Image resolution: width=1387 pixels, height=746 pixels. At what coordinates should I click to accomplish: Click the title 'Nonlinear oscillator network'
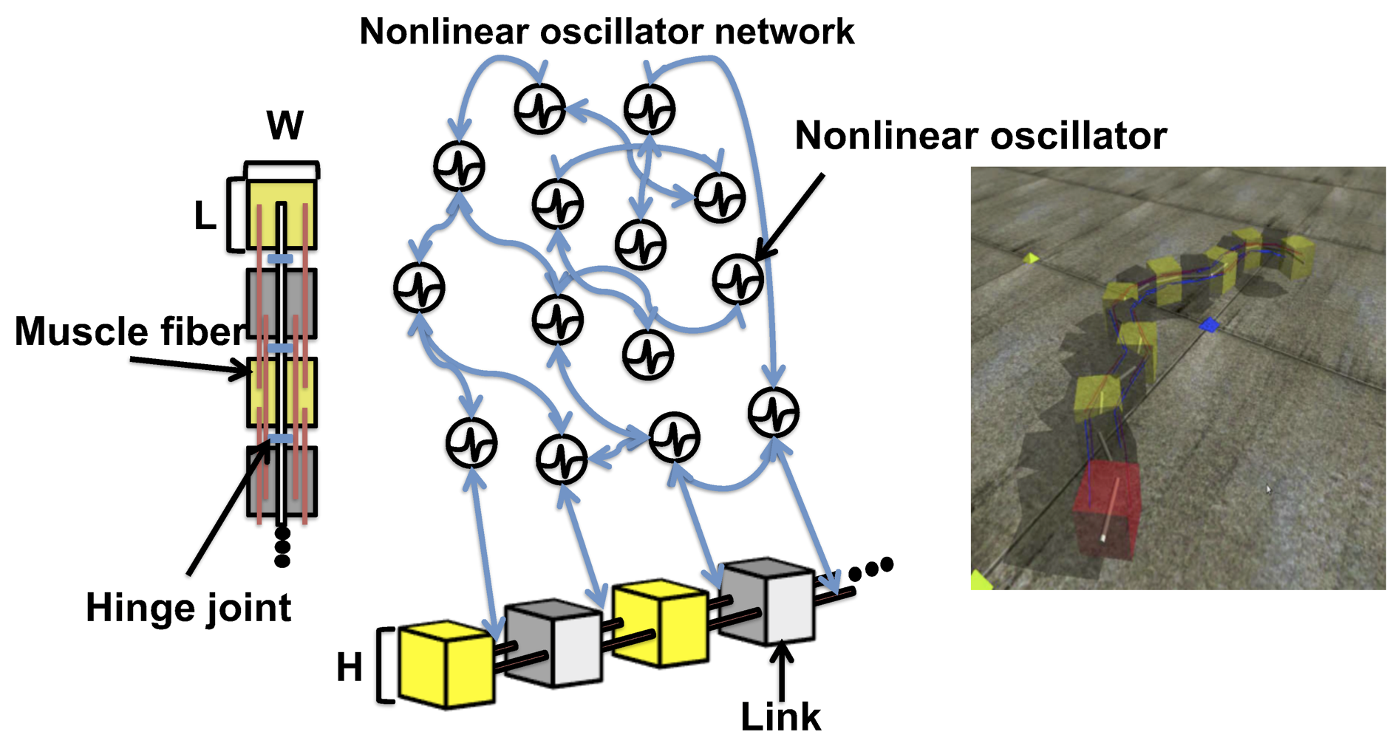point(606,32)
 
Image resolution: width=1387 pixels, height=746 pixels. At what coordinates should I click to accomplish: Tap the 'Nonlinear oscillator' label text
point(980,136)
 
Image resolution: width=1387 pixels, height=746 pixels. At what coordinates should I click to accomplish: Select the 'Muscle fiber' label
point(129,331)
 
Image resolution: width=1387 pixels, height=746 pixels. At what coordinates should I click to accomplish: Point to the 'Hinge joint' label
point(188,608)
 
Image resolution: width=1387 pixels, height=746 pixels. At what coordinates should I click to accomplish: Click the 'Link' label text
point(780,716)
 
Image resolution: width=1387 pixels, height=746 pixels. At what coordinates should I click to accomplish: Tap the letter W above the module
point(284,126)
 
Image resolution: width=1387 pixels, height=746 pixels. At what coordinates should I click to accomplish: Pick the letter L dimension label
point(205,216)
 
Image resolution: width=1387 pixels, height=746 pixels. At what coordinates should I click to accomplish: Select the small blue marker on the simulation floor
point(1209,324)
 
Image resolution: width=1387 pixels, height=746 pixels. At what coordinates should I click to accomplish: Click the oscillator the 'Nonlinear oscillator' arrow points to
point(737,279)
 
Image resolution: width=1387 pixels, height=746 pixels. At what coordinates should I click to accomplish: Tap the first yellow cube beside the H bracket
point(446,665)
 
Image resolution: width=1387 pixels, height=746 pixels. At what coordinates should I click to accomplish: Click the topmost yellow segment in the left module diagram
point(282,214)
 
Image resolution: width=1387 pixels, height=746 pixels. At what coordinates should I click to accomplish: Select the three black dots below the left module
point(282,547)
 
